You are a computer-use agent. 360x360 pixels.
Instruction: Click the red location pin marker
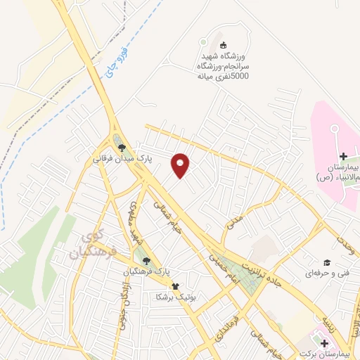181,165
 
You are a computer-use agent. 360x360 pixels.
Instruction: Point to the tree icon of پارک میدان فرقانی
122,148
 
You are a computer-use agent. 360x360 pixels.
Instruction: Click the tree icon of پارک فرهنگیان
146,260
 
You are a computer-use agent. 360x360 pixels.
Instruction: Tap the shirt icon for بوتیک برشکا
175,287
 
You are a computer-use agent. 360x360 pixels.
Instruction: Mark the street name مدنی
233,221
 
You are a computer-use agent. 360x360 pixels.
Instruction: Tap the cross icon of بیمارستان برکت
324,342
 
